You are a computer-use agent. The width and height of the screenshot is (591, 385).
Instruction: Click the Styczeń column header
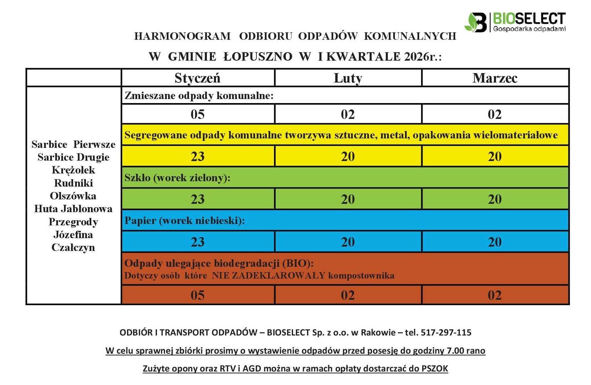pyautogui.click(x=197, y=78)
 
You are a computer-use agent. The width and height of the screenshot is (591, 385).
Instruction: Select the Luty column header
pyautogui.click(x=348, y=78)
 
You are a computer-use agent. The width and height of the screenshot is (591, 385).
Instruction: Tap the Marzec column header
pyautogui.click(x=495, y=78)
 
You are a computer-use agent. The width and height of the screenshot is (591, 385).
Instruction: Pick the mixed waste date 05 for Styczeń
pyautogui.click(x=197, y=114)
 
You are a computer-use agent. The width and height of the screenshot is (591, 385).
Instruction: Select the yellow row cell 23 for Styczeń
pyautogui.click(x=197, y=156)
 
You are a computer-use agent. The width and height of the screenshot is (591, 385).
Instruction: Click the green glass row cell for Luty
pyautogui.click(x=348, y=199)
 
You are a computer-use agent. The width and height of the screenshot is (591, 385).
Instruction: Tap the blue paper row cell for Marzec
pyautogui.click(x=495, y=242)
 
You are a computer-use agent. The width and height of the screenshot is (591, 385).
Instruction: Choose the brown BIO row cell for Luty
pyautogui.click(x=348, y=295)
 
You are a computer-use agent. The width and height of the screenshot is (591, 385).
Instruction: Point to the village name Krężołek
pyautogui.click(x=73, y=170)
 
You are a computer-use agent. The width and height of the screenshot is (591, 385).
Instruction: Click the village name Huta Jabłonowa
pyautogui.click(x=73, y=209)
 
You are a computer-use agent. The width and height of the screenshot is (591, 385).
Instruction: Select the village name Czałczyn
pyautogui.click(x=73, y=248)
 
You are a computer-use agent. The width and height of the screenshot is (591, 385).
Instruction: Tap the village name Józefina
pyautogui.click(x=73, y=235)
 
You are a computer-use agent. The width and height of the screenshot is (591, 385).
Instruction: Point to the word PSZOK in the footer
pyautogui.click(x=435, y=368)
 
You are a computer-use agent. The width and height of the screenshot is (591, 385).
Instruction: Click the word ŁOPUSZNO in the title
pyautogui.click(x=258, y=57)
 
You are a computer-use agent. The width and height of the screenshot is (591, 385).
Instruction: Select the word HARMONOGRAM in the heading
pyautogui.click(x=182, y=36)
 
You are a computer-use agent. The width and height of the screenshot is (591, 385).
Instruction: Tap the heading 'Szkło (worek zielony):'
pyautogui.click(x=178, y=178)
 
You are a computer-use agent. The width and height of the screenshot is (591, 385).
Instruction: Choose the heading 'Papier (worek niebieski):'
pyautogui.click(x=185, y=221)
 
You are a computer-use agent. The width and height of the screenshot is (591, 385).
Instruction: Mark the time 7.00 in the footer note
pyautogui.click(x=455, y=351)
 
